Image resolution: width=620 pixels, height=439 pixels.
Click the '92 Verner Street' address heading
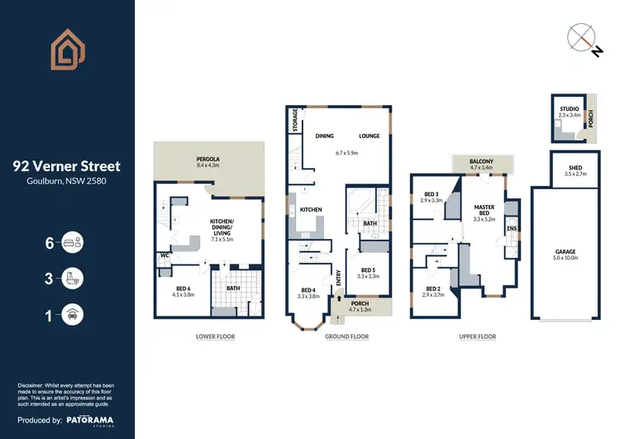66,165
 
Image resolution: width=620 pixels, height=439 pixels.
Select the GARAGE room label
565,251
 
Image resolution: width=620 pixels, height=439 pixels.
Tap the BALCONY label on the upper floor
481,162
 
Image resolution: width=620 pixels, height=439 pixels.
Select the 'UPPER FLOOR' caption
477,336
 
